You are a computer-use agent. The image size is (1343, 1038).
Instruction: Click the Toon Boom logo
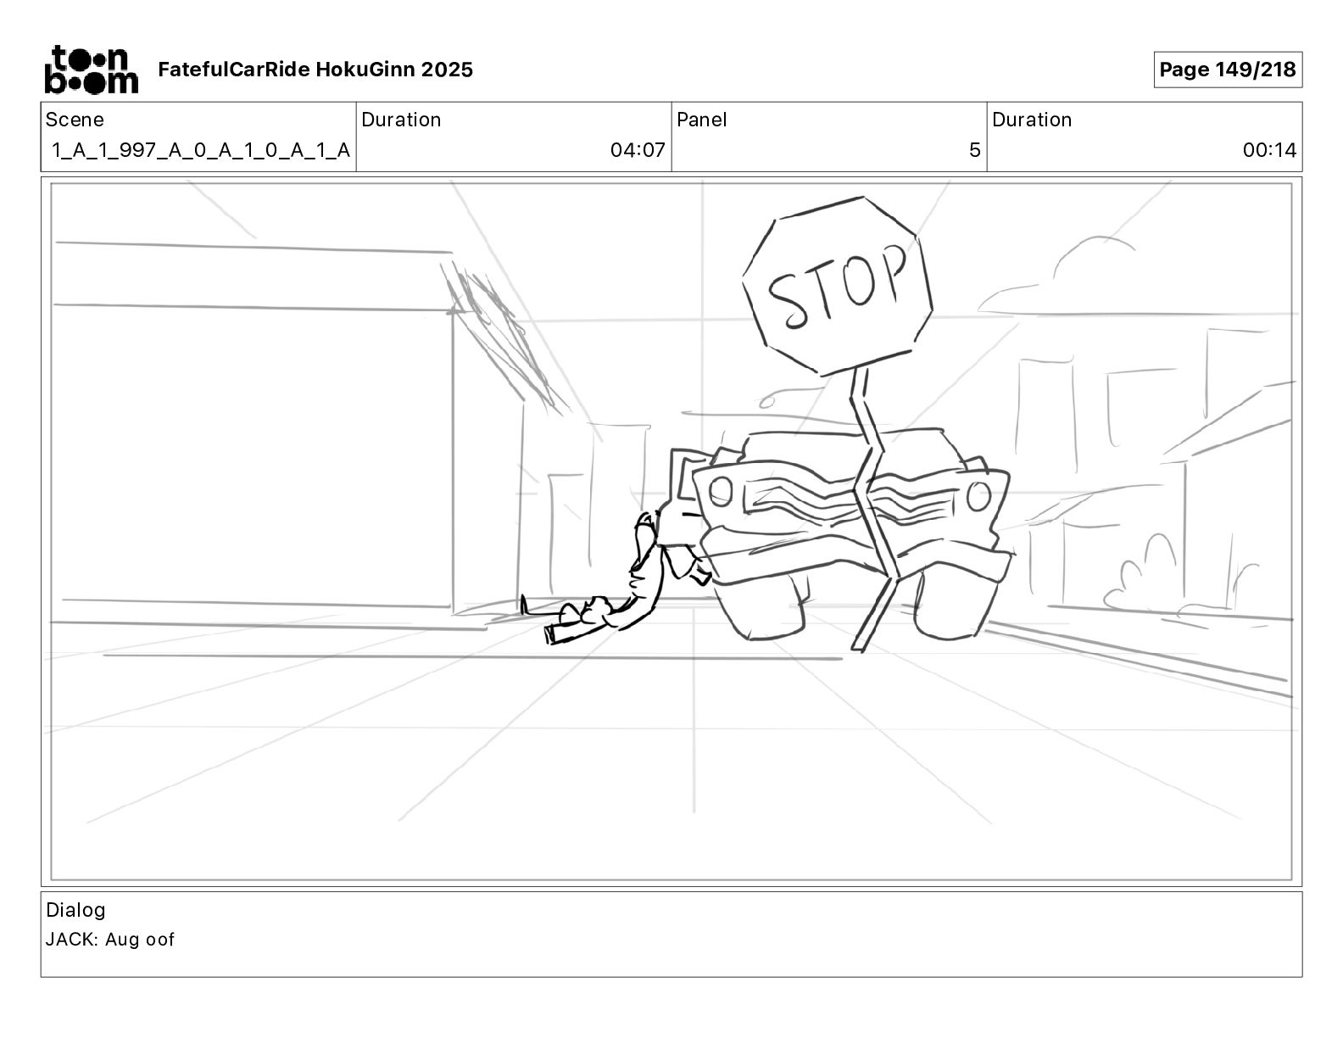(x=92, y=70)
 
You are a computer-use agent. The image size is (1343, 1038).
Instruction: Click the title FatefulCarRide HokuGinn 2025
(x=315, y=70)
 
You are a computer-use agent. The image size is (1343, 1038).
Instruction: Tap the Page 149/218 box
(x=1228, y=70)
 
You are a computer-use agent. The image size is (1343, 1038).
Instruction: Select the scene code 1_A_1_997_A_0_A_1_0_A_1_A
(x=201, y=150)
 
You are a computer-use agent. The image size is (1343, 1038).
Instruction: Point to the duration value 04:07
(x=638, y=150)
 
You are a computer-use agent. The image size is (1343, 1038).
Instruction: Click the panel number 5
(x=975, y=150)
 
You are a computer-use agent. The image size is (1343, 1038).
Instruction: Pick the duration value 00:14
(x=1269, y=150)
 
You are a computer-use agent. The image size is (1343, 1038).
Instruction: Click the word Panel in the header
(x=701, y=120)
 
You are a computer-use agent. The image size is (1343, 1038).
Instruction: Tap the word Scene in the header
(x=75, y=120)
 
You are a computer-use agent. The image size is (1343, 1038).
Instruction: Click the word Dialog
(x=75, y=910)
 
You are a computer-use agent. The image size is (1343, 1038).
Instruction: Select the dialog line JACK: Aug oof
(x=110, y=940)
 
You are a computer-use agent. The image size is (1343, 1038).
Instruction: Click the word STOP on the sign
(x=838, y=286)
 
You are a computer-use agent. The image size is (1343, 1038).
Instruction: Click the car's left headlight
(x=721, y=492)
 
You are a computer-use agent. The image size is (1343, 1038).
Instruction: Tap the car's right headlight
(x=978, y=496)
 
